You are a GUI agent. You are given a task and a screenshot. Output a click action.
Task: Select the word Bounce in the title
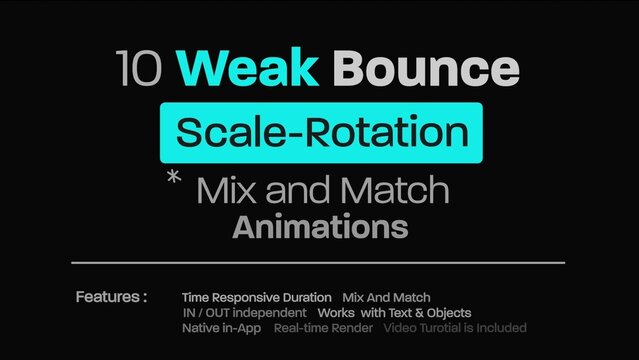[x=425, y=69]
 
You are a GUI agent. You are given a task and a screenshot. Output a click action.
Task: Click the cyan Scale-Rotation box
[x=321, y=133]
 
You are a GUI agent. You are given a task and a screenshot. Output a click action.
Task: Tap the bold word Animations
[x=320, y=227]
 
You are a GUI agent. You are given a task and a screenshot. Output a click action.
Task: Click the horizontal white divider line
[x=318, y=263]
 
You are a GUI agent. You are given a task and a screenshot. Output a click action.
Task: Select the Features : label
[x=111, y=297]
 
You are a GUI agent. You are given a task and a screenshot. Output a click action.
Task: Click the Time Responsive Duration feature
[x=256, y=297]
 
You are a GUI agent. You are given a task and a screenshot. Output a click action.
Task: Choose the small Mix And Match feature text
[x=386, y=297]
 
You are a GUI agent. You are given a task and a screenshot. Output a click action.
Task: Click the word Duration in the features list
[x=306, y=297]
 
